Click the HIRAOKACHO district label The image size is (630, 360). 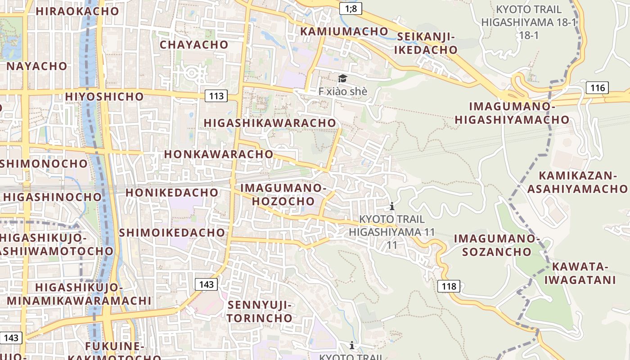(x=77, y=11)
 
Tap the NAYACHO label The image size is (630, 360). (x=37, y=66)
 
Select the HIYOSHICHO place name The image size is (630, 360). (x=104, y=96)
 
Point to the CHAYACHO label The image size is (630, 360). (x=194, y=45)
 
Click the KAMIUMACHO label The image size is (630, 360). (x=344, y=31)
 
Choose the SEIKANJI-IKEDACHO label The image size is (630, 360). (x=426, y=43)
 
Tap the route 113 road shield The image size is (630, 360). (x=216, y=95)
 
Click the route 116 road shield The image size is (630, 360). (x=598, y=87)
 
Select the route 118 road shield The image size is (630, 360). (x=449, y=286)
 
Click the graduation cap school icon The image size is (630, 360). (x=343, y=79)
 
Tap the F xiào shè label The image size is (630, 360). (x=343, y=91)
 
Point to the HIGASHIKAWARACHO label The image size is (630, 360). (x=270, y=123)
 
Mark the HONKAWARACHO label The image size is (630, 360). (x=219, y=154)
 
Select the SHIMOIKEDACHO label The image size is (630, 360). (x=172, y=232)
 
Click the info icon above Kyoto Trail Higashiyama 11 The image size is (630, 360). (x=392, y=207)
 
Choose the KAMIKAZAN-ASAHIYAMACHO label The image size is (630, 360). (x=577, y=182)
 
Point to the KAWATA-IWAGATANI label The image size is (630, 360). (x=580, y=273)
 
